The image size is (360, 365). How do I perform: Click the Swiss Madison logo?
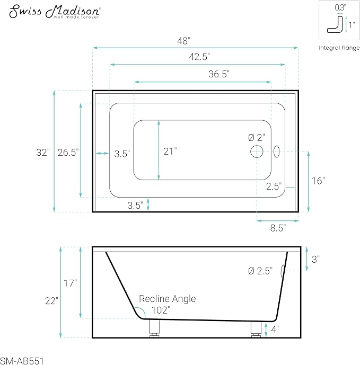[x=55, y=12]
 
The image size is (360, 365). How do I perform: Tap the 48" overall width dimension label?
[x=183, y=41]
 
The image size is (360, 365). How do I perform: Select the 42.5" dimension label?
[x=199, y=57]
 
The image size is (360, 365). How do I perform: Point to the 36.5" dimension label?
[x=219, y=74]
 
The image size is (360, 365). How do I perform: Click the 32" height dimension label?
[x=43, y=153]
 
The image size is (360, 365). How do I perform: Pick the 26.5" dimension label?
[x=68, y=153]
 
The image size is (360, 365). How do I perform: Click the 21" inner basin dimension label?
[x=170, y=152]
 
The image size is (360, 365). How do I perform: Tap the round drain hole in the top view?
[x=257, y=152]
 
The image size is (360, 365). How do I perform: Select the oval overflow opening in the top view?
[x=277, y=152]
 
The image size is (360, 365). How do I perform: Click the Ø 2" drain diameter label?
[x=257, y=138]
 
